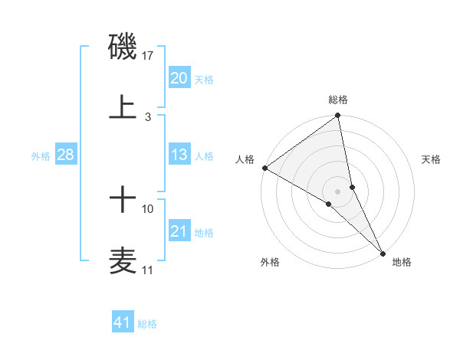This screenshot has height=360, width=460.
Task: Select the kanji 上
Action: pyautogui.click(x=123, y=106)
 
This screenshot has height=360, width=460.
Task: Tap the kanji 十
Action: pyautogui.click(x=123, y=201)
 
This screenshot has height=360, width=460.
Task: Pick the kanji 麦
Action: pyautogui.click(x=123, y=261)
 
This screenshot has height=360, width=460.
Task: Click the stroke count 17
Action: pyautogui.click(x=149, y=56)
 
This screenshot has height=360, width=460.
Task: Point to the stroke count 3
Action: pyautogui.click(x=148, y=116)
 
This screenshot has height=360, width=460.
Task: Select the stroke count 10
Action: pyautogui.click(x=148, y=208)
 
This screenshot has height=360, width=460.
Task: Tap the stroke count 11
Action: pyautogui.click(x=148, y=270)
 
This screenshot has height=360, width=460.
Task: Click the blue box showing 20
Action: pyautogui.click(x=179, y=78)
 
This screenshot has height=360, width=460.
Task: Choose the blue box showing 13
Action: pyautogui.click(x=179, y=155)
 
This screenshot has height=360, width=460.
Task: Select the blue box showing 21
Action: pyautogui.click(x=179, y=231)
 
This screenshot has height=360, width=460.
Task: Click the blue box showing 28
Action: pyautogui.click(x=66, y=155)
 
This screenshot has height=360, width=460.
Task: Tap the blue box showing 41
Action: pyautogui.click(x=123, y=322)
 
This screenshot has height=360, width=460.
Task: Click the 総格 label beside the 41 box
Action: pyautogui.click(x=147, y=324)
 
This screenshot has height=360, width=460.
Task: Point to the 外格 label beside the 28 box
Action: pyautogui.click(x=41, y=156)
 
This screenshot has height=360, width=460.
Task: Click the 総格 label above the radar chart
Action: pyautogui.click(x=338, y=100)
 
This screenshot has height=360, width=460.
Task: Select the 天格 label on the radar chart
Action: pyautogui.click(x=432, y=159)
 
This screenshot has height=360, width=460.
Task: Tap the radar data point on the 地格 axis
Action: pyautogui.click(x=383, y=253)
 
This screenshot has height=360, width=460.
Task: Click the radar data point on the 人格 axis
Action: pyautogui.click(x=264, y=168)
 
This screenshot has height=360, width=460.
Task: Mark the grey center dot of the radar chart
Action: pyautogui.click(x=338, y=191)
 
